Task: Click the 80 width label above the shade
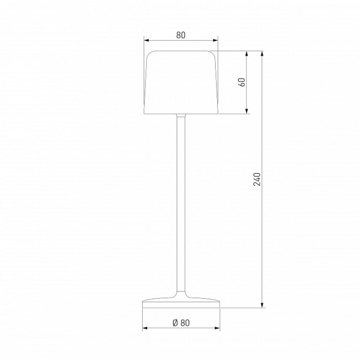click(181, 35)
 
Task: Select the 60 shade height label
click(242, 82)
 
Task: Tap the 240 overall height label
click(257, 179)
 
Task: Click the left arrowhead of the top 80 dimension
click(146, 40)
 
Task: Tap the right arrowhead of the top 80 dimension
click(216, 40)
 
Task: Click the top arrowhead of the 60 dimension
click(247, 54)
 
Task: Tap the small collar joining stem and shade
click(181, 116)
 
